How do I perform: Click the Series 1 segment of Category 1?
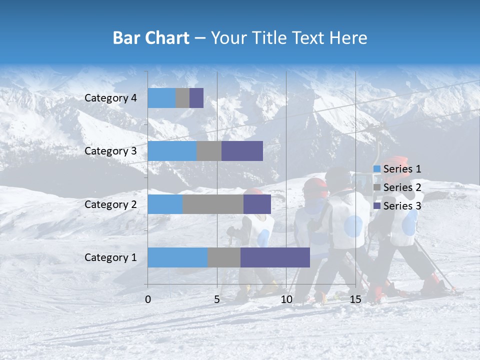coord(177,257)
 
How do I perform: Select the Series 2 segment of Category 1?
coord(224,257)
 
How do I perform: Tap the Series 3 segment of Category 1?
coord(275,257)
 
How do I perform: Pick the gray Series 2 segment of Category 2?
coord(213,204)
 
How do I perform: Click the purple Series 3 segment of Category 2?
coord(257,204)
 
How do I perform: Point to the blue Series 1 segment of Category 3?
coord(172,151)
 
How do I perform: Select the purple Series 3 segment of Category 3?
coord(242,151)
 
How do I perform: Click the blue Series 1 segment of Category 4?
coord(161,98)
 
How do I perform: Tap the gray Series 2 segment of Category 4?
coord(182,98)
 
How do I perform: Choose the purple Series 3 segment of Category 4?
coord(196,98)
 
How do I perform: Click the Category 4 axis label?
coord(110,98)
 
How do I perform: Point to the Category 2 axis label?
coord(110,204)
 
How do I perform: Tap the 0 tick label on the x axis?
coord(148,299)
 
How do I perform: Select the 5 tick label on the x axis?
coord(217,299)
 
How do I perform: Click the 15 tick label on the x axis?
coord(355,299)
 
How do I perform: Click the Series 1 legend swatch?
coord(377,169)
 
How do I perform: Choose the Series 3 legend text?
coord(402,206)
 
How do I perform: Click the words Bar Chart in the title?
coord(151,38)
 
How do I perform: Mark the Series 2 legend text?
coord(402,187)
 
